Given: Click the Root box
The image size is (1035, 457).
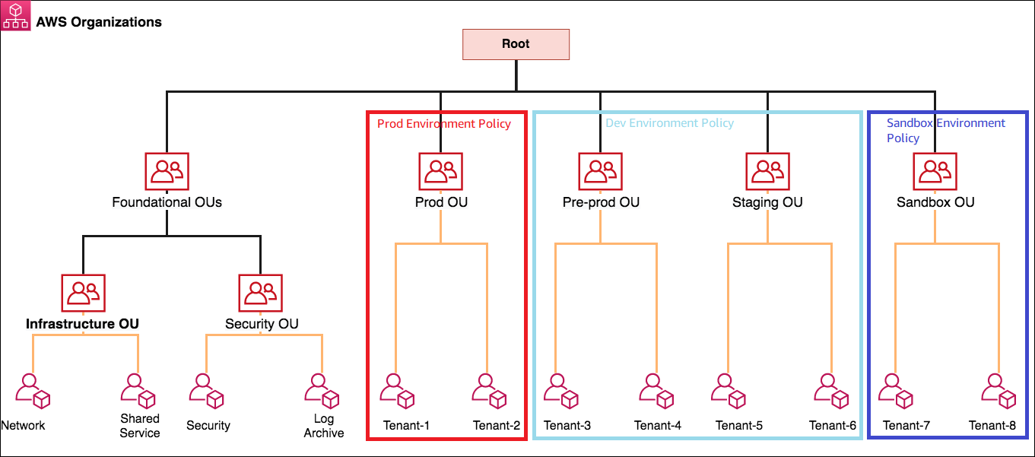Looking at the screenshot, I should tap(516, 44).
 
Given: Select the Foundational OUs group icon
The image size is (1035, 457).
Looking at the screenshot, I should tap(167, 171).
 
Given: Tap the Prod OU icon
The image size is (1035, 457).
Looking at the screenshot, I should tap(440, 171).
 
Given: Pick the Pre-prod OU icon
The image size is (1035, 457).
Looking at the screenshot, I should tap(600, 171).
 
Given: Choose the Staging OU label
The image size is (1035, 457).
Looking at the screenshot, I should tap(767, 202).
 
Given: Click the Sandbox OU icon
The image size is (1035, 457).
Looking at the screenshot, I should tap(935, 171).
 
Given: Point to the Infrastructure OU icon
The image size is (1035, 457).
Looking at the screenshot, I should tap(83, 293).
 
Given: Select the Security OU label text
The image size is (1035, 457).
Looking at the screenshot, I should tap(262, 324).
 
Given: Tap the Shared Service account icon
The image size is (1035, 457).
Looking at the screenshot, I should tap(138, 390).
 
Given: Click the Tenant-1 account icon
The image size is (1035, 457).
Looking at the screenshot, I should tap(397, 390).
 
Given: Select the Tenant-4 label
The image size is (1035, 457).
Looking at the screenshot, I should tap(657, 425).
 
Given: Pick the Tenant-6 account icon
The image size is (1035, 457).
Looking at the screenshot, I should tap(830, 390).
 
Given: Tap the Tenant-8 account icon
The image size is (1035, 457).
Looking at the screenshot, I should tap(998, 390).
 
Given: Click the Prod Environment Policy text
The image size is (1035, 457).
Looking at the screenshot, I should tap(444, 123).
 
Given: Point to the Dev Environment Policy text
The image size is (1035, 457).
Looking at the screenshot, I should tap(669, 122).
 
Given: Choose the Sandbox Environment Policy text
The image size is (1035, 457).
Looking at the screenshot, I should tap(945, 130).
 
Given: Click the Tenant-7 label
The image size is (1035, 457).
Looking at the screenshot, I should tap(906, 425).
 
